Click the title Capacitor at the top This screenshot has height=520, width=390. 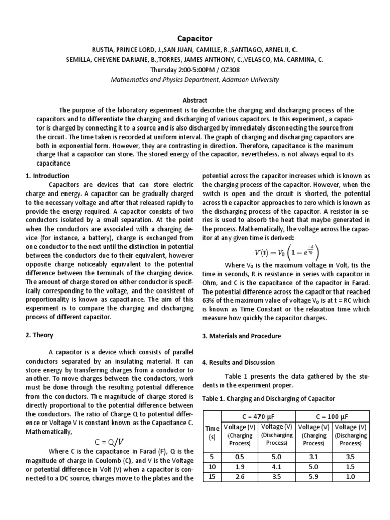pos(194,38)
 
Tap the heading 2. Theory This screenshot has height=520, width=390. pos(39,335)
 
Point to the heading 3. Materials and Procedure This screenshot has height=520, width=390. pos(241,336)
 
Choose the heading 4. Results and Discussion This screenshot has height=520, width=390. pos(238,362)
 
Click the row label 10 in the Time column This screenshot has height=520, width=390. pos(212,467)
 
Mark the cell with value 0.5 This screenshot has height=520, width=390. pos(240,457)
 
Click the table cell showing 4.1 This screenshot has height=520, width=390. pos(277,467)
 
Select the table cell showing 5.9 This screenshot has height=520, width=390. pos(313,477)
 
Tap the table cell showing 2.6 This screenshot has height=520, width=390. pos(240,477)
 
